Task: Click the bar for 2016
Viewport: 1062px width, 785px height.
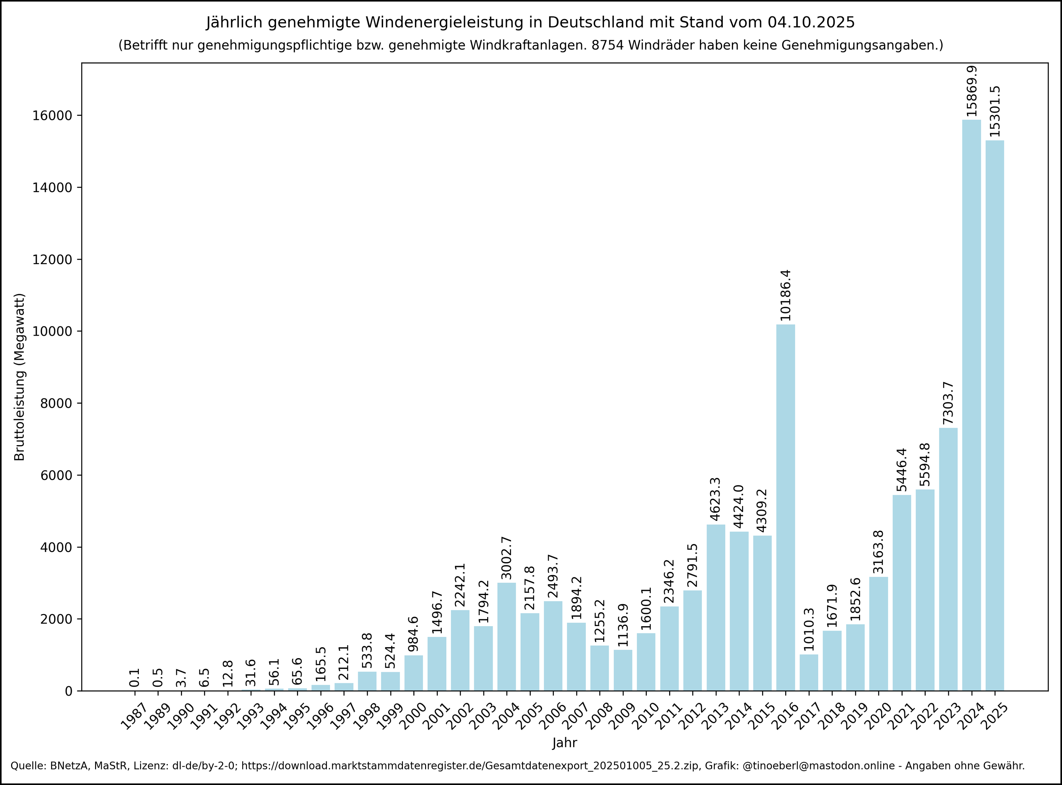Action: click(x=786, y=508)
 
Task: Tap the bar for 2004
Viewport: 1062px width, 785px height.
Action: click(x=507, y=636)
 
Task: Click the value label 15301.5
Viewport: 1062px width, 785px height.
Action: click(x=995, y=112)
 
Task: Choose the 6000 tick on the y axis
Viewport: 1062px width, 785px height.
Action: click(x=56, y=475)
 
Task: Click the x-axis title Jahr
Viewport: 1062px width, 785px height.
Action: click(x=565, y=743)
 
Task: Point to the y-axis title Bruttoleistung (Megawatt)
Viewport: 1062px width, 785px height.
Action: click(x=19, y=377)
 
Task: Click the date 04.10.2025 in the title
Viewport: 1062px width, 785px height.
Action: click(x=811, y=22)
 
